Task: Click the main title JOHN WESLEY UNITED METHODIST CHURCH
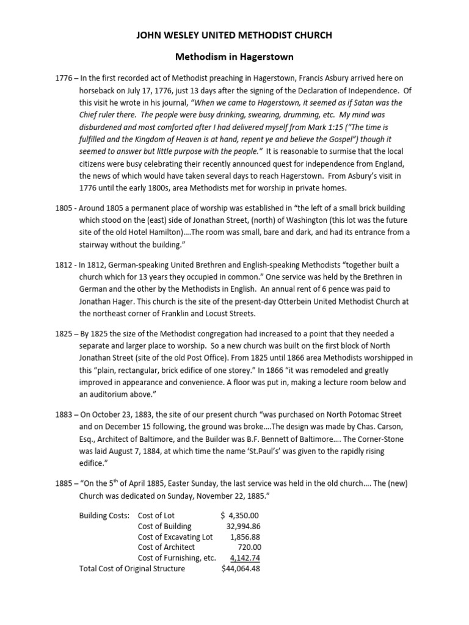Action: point(234,36)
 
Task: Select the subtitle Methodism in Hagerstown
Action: point(234,57)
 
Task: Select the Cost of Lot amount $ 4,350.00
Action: point(240,516)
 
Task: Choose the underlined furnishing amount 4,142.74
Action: point(245,558)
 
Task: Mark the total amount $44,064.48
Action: point(241,569)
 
